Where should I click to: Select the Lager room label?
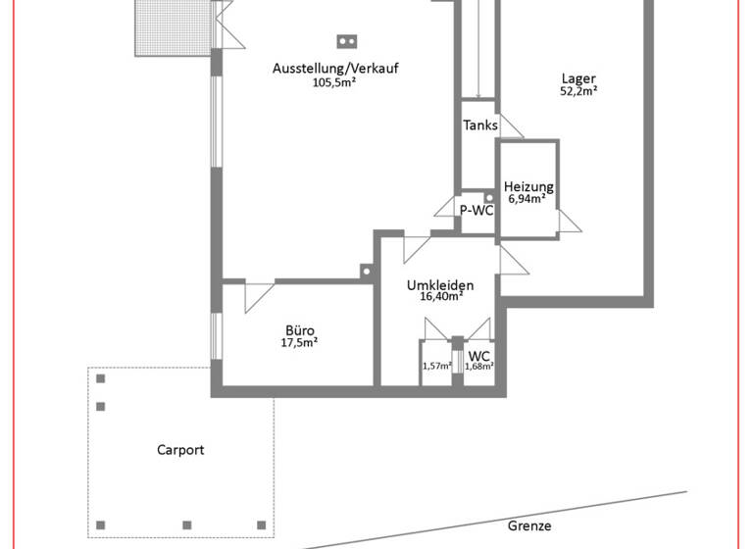point(578,79)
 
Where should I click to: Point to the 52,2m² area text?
point(578,92)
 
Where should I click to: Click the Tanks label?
point(480,125)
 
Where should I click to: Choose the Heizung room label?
point(528,187)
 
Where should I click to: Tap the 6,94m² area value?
point(528,199)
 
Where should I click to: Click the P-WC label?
point(477,210)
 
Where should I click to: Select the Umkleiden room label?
point(440,285)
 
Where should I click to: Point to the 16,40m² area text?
point(440,297)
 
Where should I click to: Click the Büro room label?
point(300,330)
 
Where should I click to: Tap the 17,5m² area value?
point(300,343)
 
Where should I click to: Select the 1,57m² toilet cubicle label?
point(436,367)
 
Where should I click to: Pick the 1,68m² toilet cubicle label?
point(478,367)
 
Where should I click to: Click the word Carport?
point(180,450)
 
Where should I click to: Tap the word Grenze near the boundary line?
point(529,525)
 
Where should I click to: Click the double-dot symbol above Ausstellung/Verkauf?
point(346,41)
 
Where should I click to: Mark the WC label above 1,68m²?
point(478,356)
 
